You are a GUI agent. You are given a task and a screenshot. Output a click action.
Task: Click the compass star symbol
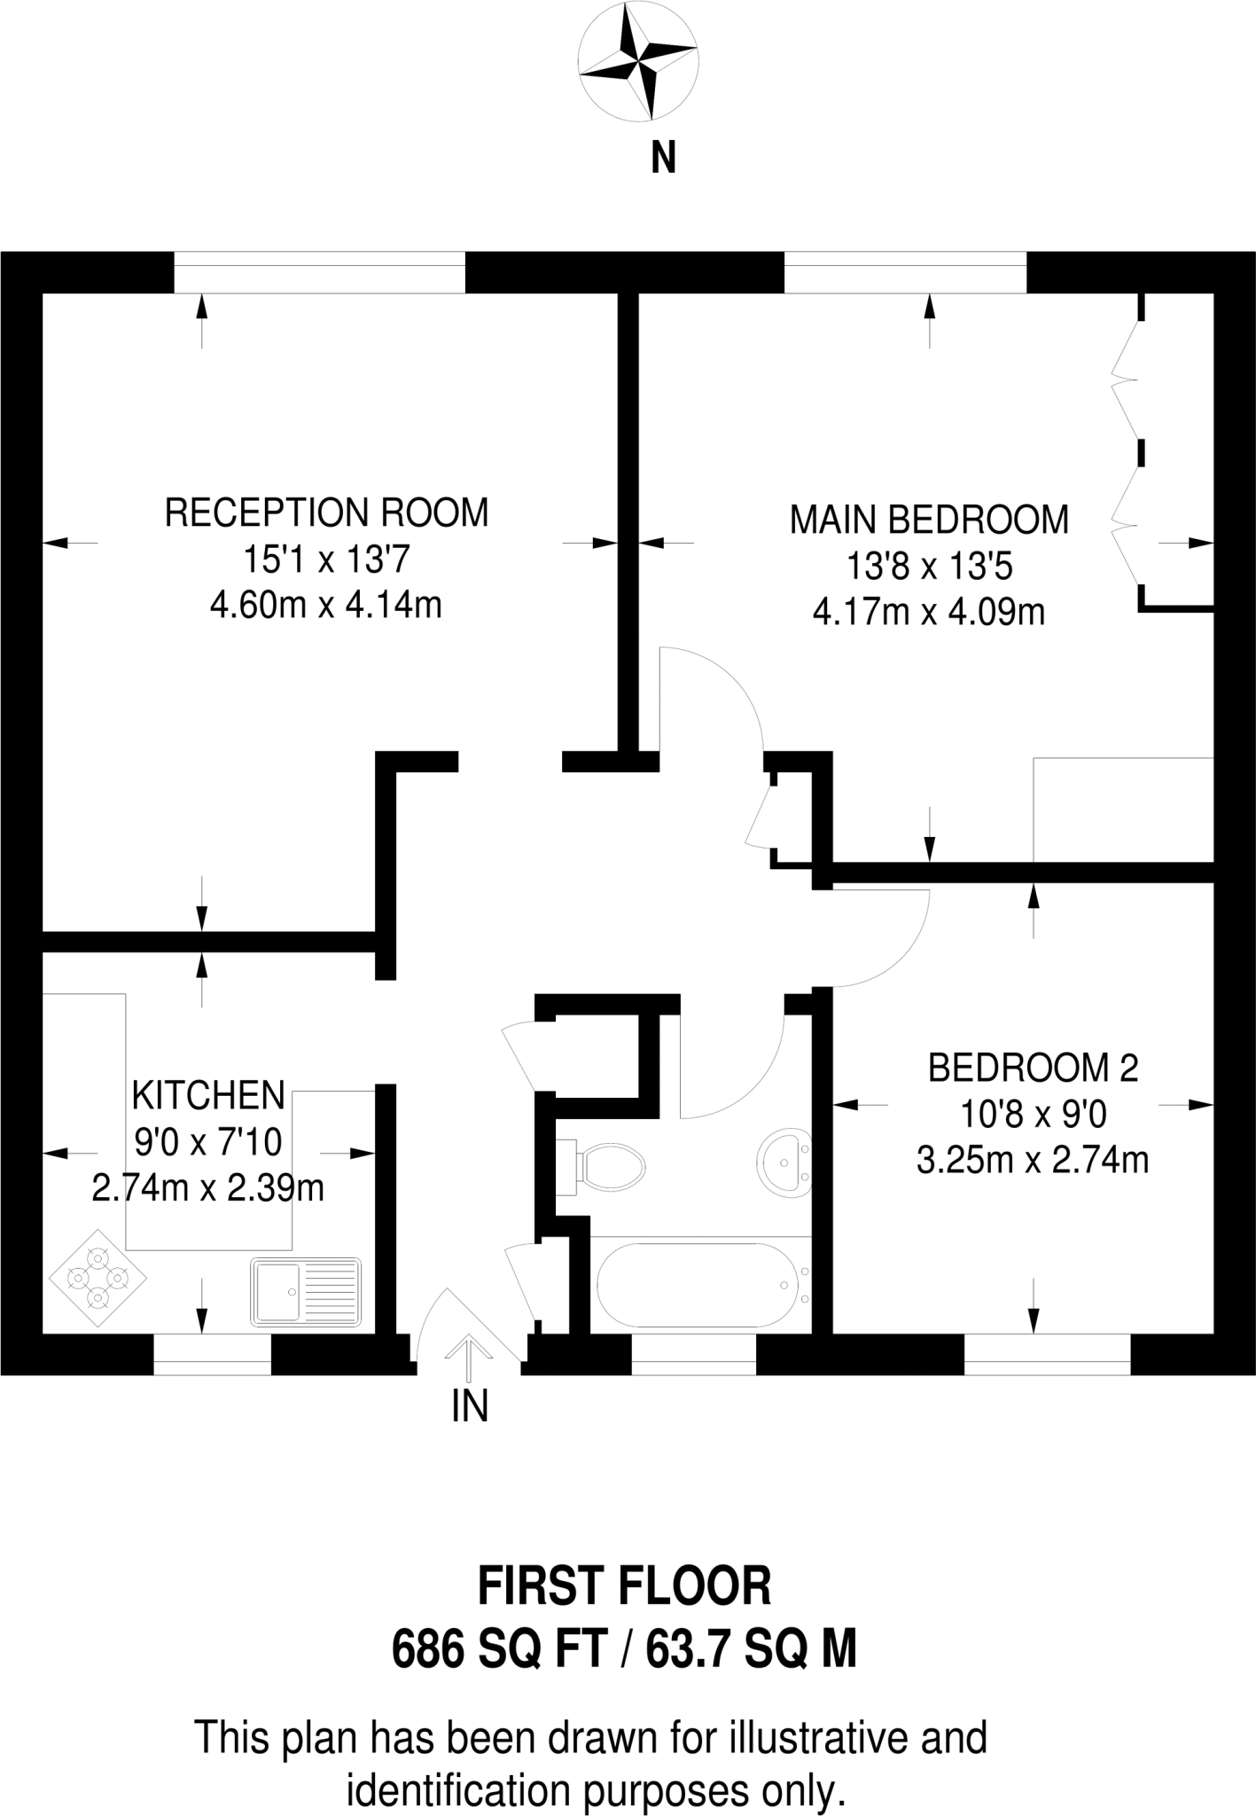pyautogui.click(x=636, y=63)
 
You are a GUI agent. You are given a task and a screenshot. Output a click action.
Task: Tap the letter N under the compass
pyautogui.click(x=663, y=160)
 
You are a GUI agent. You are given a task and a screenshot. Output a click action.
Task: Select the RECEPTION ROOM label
pyautogui.click(x=326, y=513)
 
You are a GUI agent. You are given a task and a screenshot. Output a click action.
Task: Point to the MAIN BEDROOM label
pyautogui.click(x=929, y=521)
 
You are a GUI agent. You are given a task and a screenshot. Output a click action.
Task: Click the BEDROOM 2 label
pyautogui.click(x=1033, y=1068)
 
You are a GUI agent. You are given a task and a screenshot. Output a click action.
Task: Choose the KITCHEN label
pyautogui.click(x=208, y=1096)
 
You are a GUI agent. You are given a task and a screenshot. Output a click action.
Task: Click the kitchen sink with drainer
pyautogui.click(x=306, y=1292)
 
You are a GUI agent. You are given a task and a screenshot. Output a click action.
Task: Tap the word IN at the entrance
pyautogui.click(x=470, y=1405)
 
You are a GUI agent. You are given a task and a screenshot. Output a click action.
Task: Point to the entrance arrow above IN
pyautogui.click(x=469, y=1357)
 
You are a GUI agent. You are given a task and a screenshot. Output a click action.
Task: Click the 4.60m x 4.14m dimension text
pyautogui.click(x=326, y=606)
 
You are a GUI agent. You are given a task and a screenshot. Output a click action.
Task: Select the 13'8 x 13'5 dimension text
pyautogui.click(x=929, y=567)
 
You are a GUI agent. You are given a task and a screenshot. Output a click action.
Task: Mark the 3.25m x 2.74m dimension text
pyautogui.click(x=1033, y=1160)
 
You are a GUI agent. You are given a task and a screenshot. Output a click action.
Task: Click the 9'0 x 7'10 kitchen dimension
pyautogui.click(x=208, y=1142)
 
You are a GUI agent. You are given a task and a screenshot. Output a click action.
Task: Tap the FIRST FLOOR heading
pyautogui.click(x=625, y=1588)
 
